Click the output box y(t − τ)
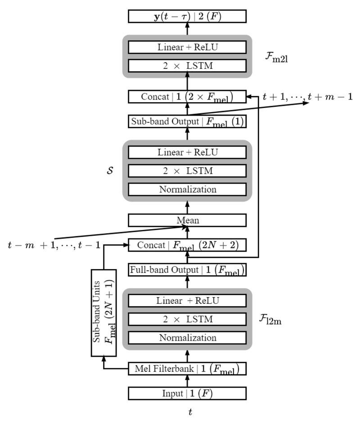187,17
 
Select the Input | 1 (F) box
187,393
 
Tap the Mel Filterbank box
187,369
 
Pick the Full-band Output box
187,270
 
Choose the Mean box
187,220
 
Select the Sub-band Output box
187,121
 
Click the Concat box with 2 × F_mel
187,96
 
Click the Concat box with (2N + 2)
187,245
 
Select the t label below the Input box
189,411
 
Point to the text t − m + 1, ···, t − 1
54,245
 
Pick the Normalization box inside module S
187,189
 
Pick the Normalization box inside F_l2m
187,337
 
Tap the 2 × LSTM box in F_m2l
187,66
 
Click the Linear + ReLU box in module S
187,152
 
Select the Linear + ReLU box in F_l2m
187,301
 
